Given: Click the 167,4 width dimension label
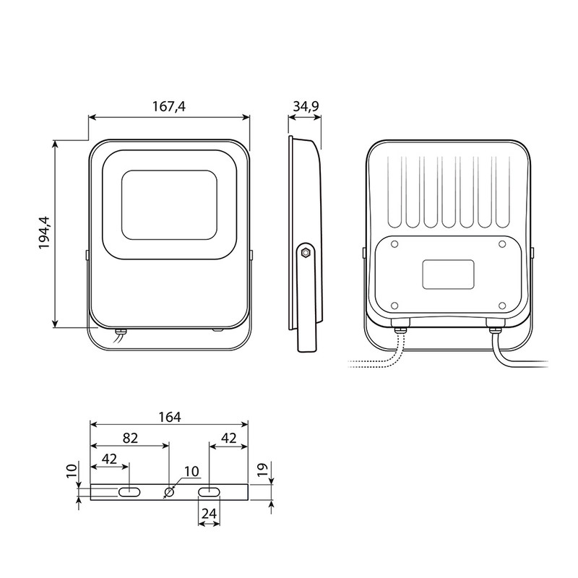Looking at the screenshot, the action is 169,106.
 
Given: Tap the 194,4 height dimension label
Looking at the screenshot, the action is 45,233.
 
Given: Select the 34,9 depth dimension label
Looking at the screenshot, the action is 306,106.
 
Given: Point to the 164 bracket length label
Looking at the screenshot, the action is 170,417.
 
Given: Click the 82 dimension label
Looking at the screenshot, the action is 130,438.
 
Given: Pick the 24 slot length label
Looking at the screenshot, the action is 209,514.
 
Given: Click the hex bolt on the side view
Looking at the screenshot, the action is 306,252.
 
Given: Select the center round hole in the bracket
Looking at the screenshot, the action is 169,492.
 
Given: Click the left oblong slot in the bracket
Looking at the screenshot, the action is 129,492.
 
